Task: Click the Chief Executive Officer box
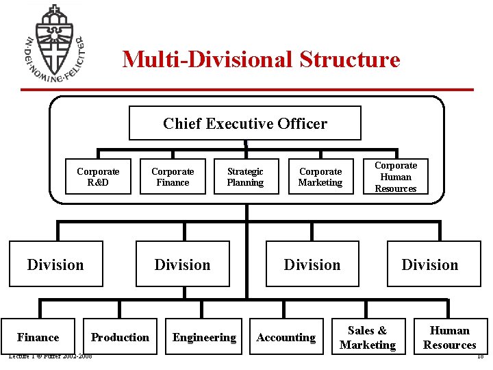point(245,123)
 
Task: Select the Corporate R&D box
point(98,177)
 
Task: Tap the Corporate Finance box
point(173,177)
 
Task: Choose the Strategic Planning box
point(245,177)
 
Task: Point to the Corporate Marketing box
point(320,177)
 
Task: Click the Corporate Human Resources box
point(396,177)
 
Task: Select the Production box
point(120,337)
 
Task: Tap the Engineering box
point(204,337)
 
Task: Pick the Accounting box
point(286,337)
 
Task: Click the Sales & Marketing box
point(368,338)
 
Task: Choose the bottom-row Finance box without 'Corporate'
point(38,337)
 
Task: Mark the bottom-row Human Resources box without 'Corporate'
point(449,338)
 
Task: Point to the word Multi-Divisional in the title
point(207,59)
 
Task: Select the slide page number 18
point(480,356)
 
